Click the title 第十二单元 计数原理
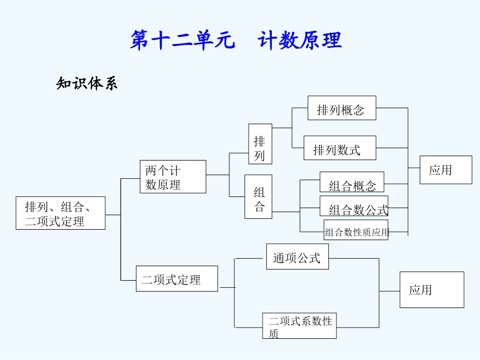coord(236,40)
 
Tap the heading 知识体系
coord(86,83)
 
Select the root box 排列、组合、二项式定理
coord(60,213)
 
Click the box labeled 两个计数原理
coord(173,177)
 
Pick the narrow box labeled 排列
coord(260,144)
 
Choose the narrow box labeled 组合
coord(258,196)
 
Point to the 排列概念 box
coord(342,108)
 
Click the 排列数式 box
coord(340,148)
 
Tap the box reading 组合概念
coord(352,182)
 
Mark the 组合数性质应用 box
coord(356,230)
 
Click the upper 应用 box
coord(446,170)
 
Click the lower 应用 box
coord(431,290)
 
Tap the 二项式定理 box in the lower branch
coord(177,279)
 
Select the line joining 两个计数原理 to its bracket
coord(217,175)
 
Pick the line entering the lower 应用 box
coord(389,291)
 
